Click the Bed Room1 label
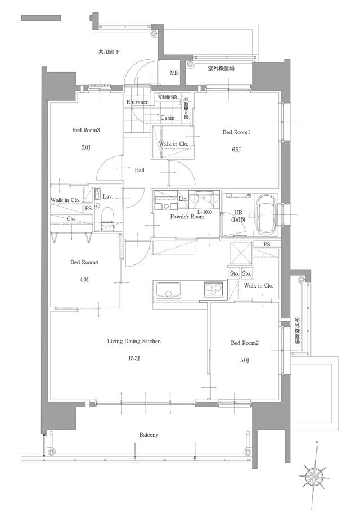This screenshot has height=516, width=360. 236,132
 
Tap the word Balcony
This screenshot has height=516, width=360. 148,435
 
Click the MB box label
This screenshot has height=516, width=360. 174,74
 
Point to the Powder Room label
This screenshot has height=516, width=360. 187,217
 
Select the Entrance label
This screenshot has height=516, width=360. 137,102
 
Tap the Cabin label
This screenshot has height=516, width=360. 167,118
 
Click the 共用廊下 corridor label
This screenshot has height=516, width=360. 109,52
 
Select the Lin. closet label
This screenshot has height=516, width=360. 183,200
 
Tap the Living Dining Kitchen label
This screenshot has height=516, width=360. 134,341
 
